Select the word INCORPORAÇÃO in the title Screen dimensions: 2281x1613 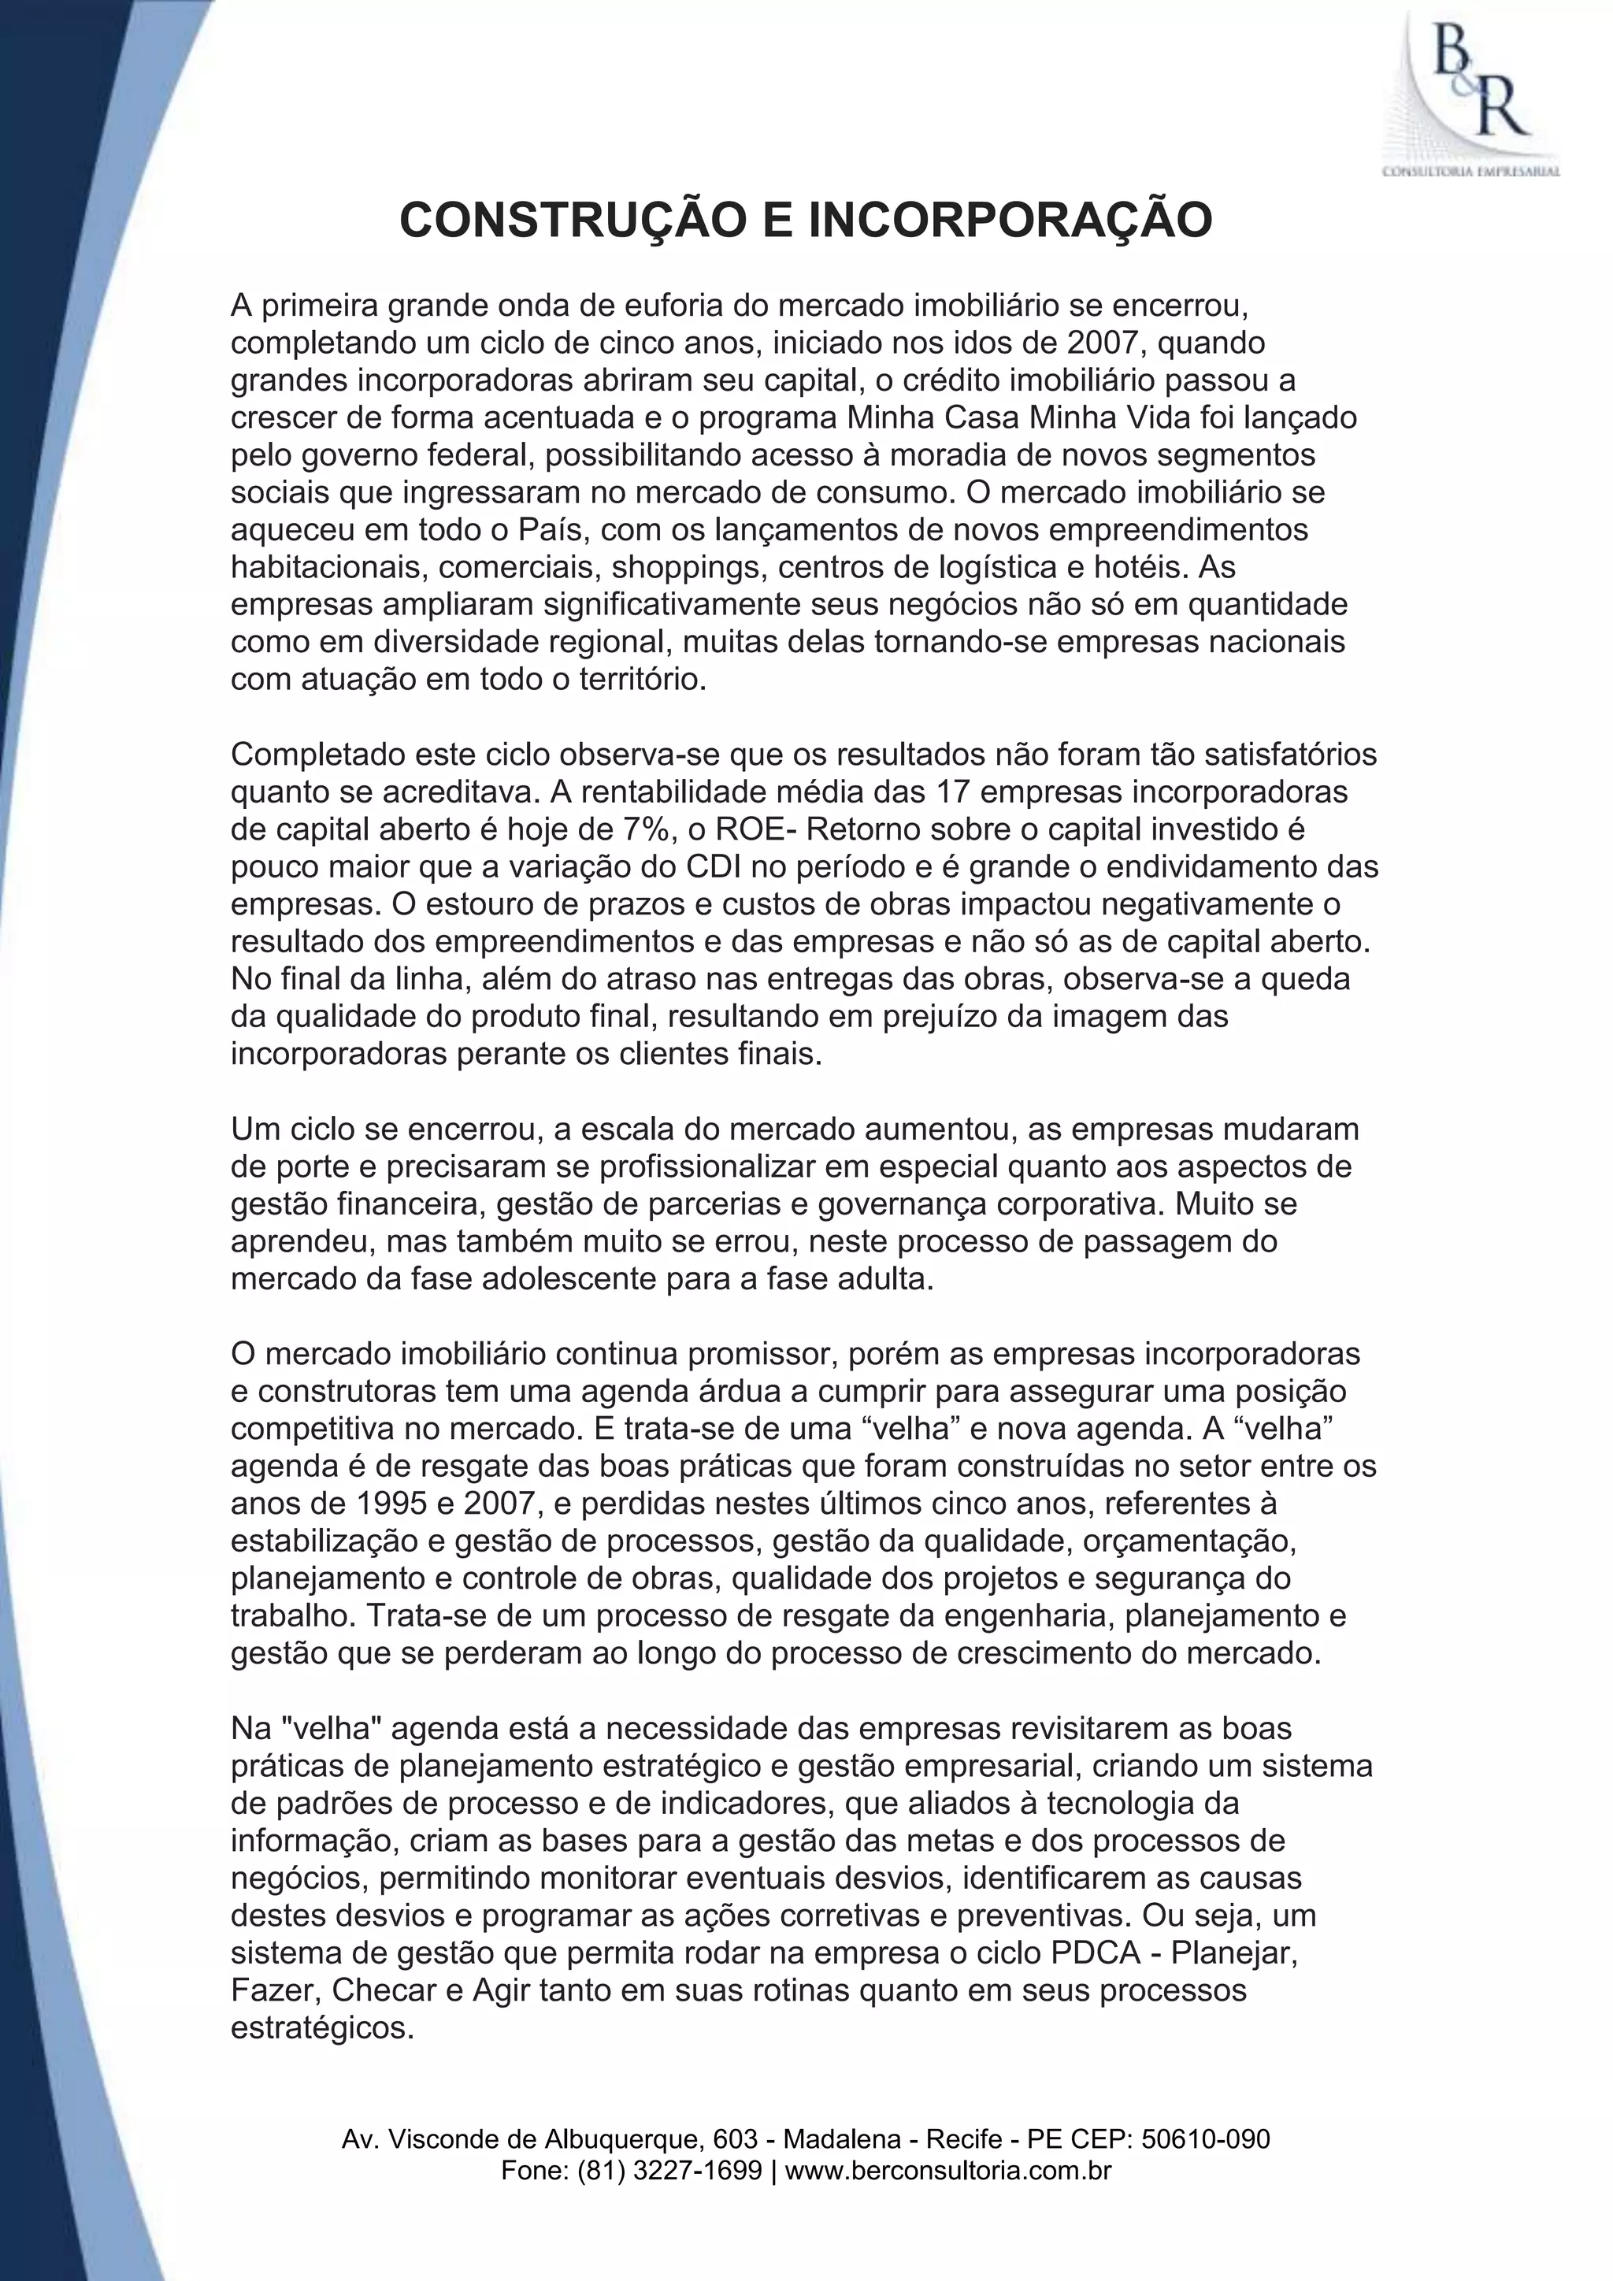point(1011,220)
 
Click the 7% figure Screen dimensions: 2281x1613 point(643,829)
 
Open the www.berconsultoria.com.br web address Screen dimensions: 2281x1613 point(948,2171)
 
